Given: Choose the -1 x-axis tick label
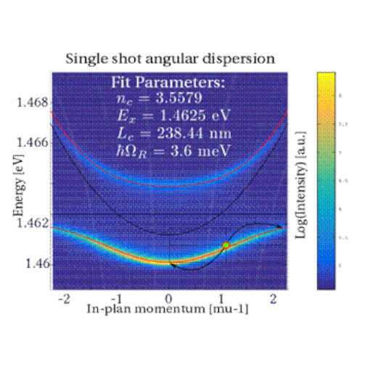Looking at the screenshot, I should [x=115, y=299].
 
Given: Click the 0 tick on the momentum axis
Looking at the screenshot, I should [x=169, y=299].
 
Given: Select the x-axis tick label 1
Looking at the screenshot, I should [x=221, y=299].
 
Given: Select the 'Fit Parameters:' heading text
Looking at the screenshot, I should [x=168, y=83].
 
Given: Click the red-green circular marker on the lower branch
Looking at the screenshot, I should [x=226, y=246].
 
